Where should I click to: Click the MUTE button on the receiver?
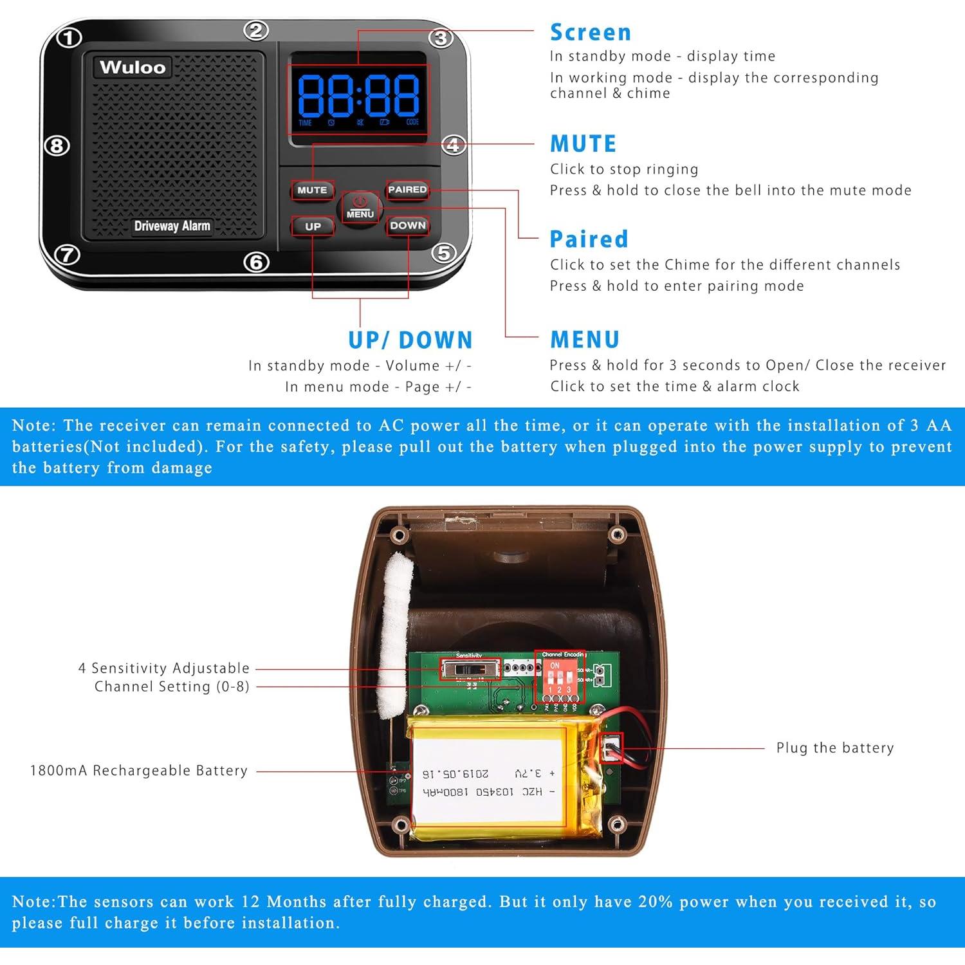tap(312, 190)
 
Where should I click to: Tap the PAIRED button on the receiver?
tap(407, 189)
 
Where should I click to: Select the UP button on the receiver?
tap(313, 226)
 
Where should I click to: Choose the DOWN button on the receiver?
tap(408, 225)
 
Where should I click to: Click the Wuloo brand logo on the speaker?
tap(133, 67)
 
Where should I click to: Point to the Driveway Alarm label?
tap(172, 226)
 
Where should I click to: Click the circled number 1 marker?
tap(69, 38)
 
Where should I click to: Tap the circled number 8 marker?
tap(57, 146)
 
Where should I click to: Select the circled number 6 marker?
tap(256, 262)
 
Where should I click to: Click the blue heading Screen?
tap(590, 32)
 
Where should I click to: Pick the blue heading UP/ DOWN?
tap(410, 340)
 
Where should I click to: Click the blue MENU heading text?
tap(584, 339)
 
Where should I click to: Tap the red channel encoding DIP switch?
tap(559, 679)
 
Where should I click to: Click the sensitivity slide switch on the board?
tap(470, 669)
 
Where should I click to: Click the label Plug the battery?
tap(834, 748)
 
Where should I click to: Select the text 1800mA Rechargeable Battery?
tap(138, 770)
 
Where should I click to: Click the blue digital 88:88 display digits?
tap(358, 95)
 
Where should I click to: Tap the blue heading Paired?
tap(589, 239)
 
